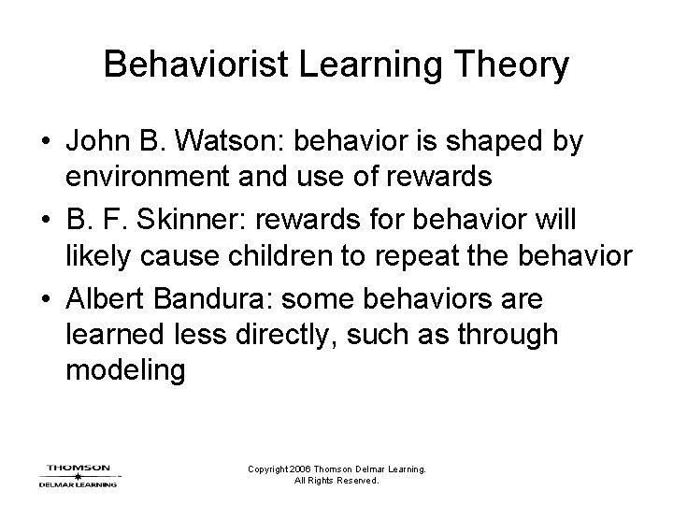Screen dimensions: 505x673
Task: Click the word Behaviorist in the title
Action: coord(185,65)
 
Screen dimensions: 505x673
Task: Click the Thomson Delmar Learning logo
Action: coord(78,475)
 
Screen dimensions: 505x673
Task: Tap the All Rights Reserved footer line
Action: coord(336,481)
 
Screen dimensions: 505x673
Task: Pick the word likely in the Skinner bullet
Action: coord(94,256)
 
